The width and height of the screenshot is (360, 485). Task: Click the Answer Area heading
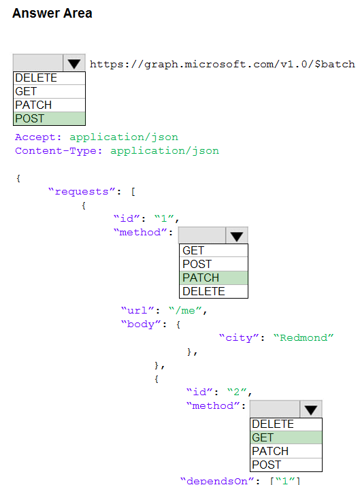(x=52, y=14)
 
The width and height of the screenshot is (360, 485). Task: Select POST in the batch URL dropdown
(x=49, y=118)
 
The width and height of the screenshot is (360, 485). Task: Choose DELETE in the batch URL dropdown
(x=49, y=78)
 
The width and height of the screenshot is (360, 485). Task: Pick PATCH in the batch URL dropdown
(x=49, y=105)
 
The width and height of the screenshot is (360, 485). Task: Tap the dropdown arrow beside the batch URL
(x=74, y=63)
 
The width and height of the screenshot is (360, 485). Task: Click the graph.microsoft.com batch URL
(x=223, y=64)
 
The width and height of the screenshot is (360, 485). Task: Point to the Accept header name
(x=38, y=137)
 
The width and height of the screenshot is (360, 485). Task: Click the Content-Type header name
(x=59, y=150)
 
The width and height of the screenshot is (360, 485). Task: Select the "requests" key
(x=82, y=191)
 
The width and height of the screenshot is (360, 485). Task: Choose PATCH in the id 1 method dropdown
(x=214, y=278)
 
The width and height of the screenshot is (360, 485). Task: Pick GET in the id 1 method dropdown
(x=214, y=250)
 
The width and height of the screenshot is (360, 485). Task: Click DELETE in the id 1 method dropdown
(x=214, y=291)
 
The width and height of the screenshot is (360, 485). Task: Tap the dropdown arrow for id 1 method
(x=237, y=235)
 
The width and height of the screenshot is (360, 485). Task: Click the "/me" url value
(x=185, y=310)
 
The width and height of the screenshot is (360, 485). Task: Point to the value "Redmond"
(x=304, y=337)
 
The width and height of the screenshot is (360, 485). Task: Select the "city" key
(x=239, y=337)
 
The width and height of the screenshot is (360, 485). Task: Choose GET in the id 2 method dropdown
(x=286, y=437)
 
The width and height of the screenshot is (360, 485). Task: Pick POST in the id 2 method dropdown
(x=286, y=465)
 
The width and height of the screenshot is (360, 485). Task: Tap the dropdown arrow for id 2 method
(x=311, y=409)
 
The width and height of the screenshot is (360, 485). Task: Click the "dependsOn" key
(x=217, y=481)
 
